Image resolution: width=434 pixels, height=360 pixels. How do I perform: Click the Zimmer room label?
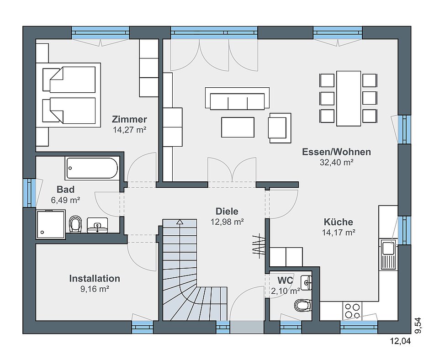click(x=129, y=119)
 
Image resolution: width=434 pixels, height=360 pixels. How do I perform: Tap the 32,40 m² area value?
click(x=336, y=163)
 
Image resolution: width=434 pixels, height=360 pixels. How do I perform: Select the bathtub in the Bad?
click(x=92, y=168)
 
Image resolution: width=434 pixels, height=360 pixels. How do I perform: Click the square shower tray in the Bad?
click(x=51, y=224)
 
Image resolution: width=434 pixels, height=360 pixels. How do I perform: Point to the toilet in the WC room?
click(x=302, y=305)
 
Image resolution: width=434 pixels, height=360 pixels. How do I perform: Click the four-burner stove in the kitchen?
click(x=352, y=311)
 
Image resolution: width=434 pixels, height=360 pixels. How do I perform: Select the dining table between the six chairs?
click(x=349, y=98)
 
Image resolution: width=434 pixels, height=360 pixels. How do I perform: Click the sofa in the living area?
click(x=237, y=99)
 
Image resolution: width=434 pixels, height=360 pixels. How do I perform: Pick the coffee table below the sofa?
click(x=238, y=127)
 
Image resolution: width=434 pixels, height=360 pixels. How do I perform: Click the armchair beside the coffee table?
click(x=280, y=128)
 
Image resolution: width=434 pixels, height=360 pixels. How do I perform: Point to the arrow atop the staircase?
click(x=180, y=222)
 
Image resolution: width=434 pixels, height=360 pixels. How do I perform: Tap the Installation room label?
click(x=95, y=278)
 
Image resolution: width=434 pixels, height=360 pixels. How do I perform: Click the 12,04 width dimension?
click(x=400, y=341)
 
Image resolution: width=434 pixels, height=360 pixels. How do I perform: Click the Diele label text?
click(x=227, y=212)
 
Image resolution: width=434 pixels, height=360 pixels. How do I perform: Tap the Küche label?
click(x=338, y=222)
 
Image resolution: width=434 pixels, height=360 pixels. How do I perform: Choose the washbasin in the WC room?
click(x=306, y=282)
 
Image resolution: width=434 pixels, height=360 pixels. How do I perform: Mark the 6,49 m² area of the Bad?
click(x=66, y=200)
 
